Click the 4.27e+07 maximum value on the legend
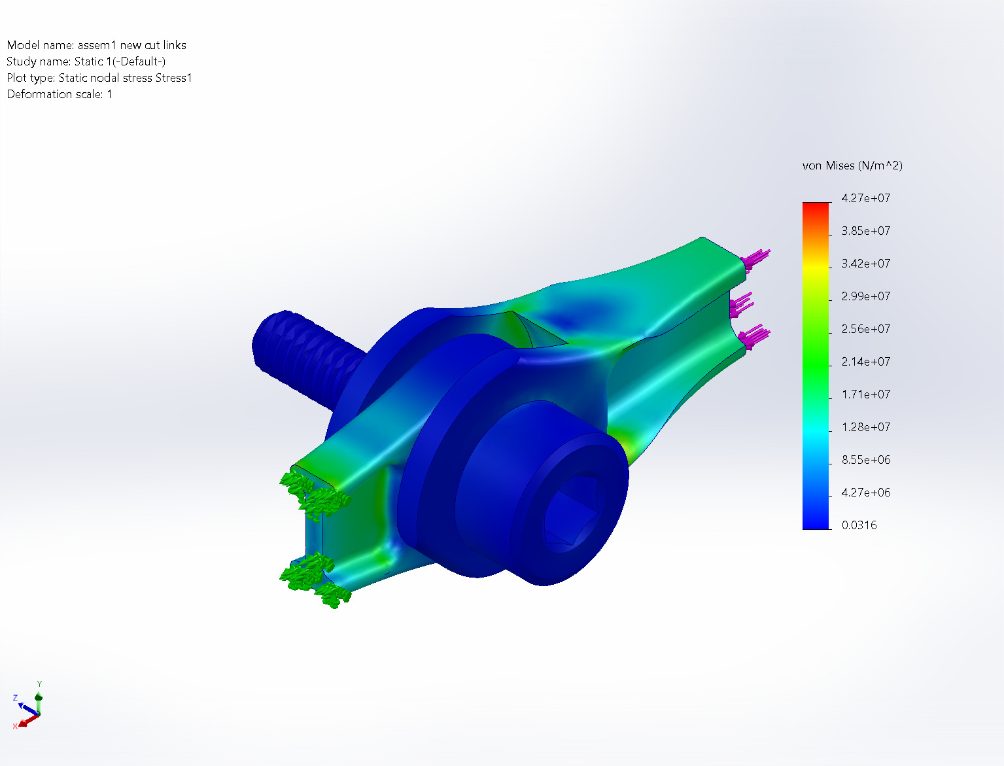(865, 198)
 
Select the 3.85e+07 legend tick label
(865, 231)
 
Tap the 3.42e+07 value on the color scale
(865, 264)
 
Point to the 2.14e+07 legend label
(865, 362)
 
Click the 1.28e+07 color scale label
(865, 427)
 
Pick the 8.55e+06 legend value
(865, 460)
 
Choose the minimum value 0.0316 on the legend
(859, 525)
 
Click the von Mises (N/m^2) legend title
(852, 165)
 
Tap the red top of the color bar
(816, 207)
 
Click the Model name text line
(96, 45)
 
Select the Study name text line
(86, 61)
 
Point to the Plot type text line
(99, 78)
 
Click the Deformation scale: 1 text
(60, 94)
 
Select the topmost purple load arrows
(757, 258)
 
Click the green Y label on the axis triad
(39, 684)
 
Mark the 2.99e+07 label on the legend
(865, 296)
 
